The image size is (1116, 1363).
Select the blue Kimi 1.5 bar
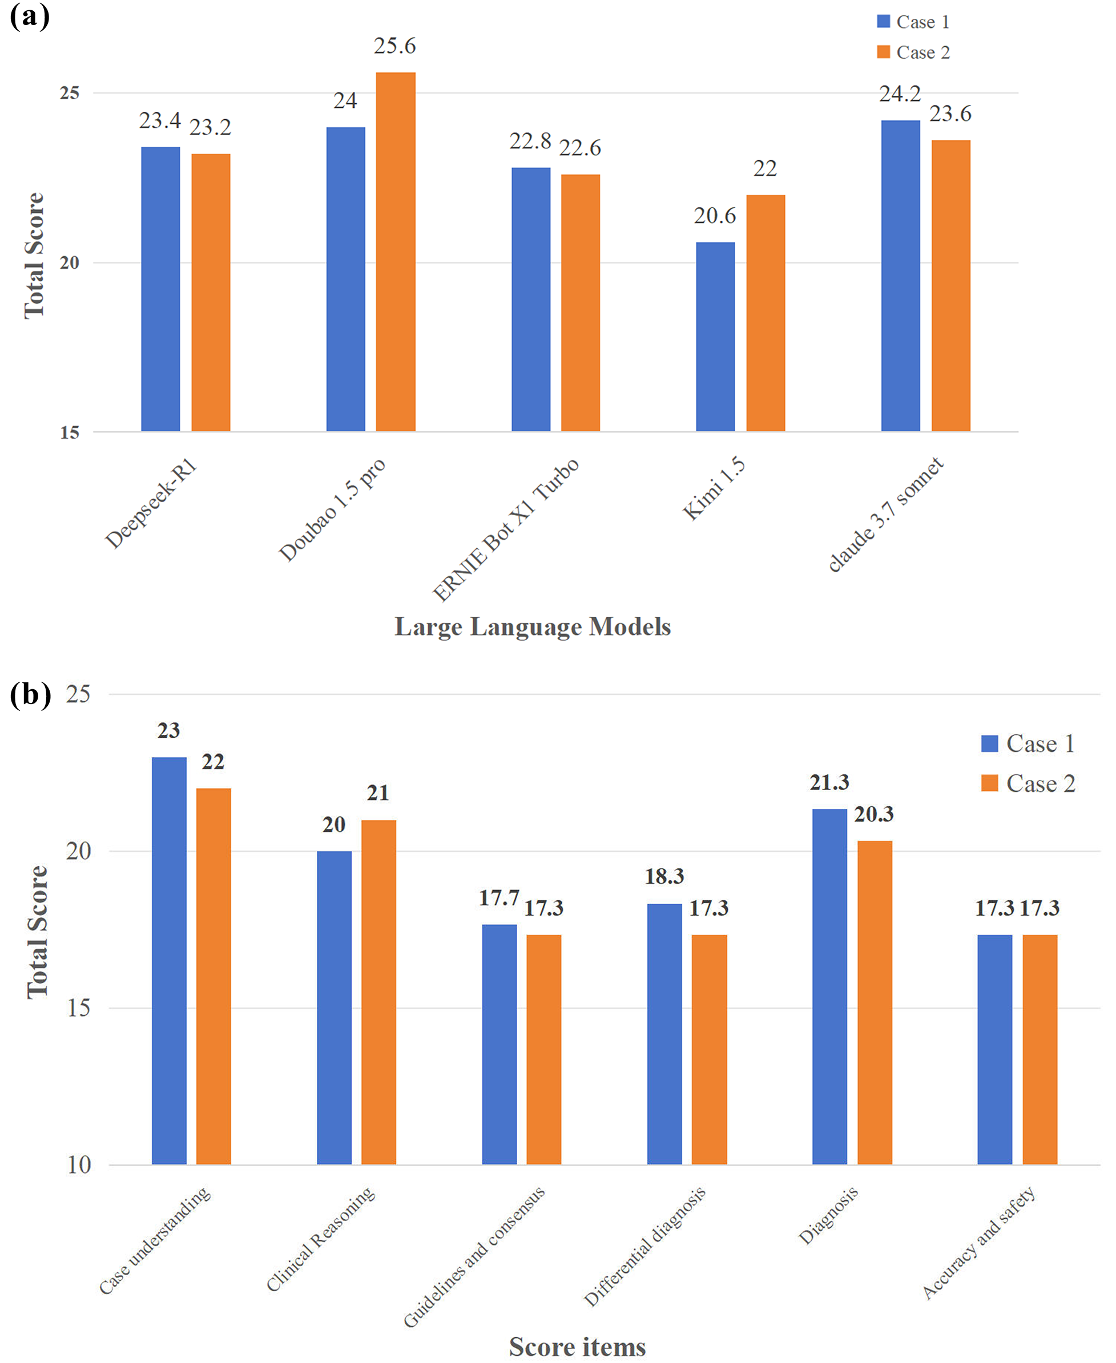(715, 336)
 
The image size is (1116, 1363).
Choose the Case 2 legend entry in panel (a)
(913, 52)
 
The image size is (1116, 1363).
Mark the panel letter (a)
(29, 16)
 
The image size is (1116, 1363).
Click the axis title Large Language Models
(532, 626)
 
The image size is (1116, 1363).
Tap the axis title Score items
(577, 1346)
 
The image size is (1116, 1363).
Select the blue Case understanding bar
(169, 961)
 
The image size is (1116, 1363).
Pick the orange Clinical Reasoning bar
(378, 993)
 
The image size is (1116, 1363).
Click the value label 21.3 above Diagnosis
(829, 783)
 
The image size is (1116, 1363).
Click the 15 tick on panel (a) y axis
(70, 432)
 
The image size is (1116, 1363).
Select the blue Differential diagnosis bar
(664, 1034)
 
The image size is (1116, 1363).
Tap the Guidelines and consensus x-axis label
(474, 1256)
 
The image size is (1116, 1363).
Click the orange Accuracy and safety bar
(1040, 1049)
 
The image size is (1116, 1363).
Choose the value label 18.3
(664, 876)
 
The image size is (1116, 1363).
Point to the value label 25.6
(394, 46)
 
